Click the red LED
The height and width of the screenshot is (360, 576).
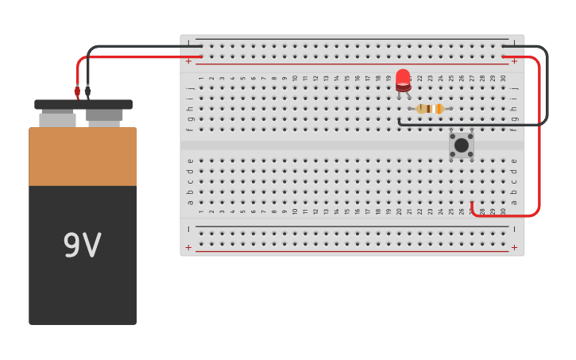[403, 79]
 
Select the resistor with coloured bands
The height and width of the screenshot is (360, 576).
[429, 109]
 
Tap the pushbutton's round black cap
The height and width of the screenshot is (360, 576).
[461, 145]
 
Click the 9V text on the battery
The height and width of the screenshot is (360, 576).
[82, 246]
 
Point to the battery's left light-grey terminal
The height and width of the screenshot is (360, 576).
[57, 119]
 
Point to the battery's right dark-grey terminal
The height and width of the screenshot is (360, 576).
[104, 118]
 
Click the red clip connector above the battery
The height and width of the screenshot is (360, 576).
[77, 92]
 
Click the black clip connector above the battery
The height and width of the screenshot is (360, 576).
[87, 92]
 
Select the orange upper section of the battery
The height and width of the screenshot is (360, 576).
[83, 157]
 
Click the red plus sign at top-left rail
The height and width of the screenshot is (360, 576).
[188, 61]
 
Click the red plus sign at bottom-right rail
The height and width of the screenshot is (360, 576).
[514, 247]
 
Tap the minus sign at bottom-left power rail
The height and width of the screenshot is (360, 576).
[188, 229]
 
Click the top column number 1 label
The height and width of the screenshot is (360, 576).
[201, 79]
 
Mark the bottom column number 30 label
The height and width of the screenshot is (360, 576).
[502, 211]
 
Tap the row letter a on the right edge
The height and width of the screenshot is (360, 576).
[514, 202]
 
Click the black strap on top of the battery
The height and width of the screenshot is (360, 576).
[83, 104]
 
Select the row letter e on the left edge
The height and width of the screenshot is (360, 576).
[189, 161]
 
